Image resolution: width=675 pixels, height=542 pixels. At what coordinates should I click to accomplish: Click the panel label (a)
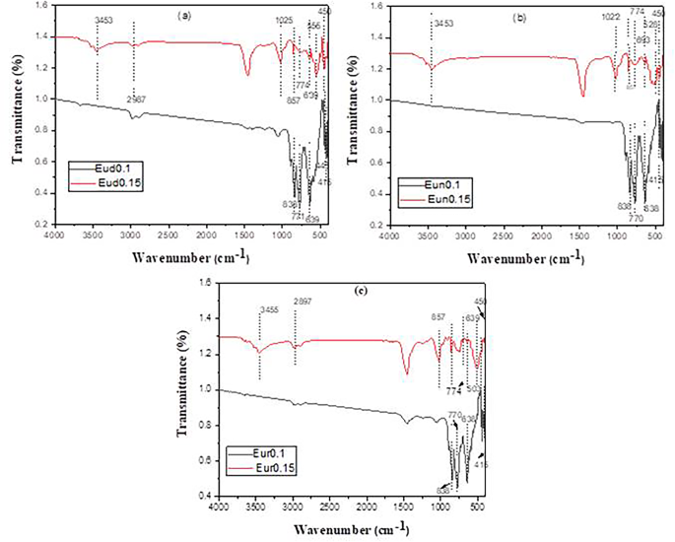click(x=183, y=17)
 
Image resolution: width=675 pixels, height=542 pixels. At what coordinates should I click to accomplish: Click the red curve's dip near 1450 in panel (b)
click(x=582, y=95)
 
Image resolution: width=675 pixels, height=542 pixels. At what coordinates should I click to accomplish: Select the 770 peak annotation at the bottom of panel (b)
click(x=635, y=218)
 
